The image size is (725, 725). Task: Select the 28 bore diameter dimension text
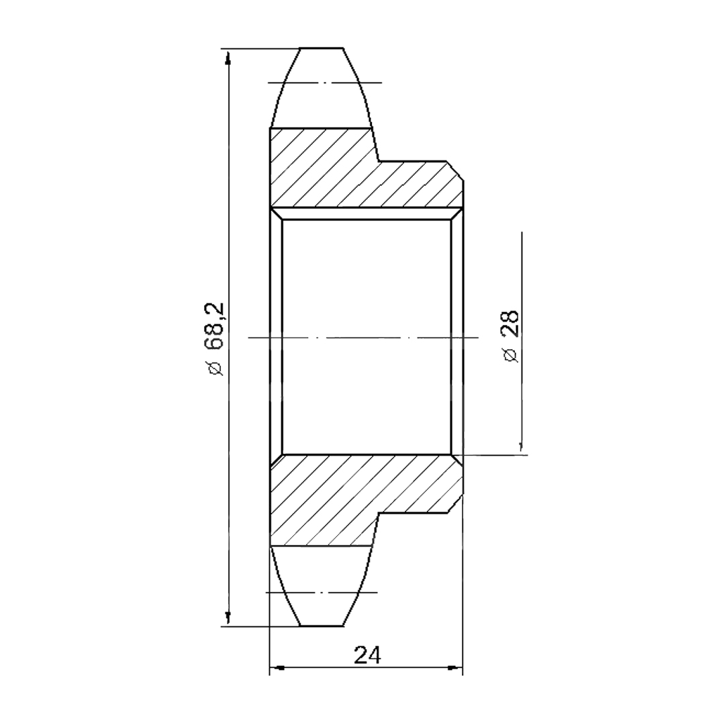tap(510, 323)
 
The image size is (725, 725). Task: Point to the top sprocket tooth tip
tap(322, 48)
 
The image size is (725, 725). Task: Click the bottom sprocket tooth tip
tap(322, 626)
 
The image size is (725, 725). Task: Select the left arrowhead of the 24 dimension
tap(277, 668)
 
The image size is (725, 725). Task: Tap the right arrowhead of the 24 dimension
tap(455, 667)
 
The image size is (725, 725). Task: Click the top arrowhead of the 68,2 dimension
tap(227, 58)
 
